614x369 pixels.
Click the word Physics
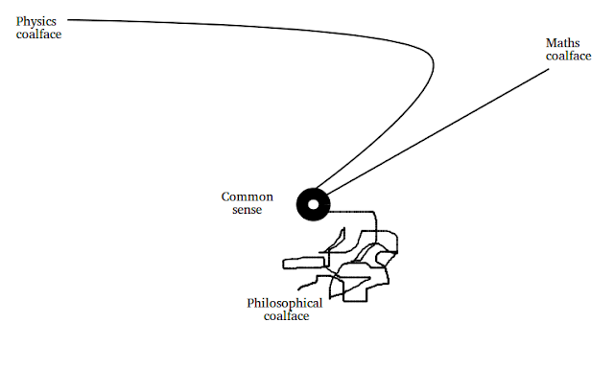coord(36,22)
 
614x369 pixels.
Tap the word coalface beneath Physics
coord(38,35)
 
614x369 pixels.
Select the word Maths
coord(563,43)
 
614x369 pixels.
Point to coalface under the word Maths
coord(569,56)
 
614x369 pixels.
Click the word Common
coord(248,196)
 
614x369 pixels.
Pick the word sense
coord(248,210)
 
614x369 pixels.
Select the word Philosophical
coord(285,304)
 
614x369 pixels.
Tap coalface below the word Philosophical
coord(286,316)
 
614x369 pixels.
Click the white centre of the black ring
coord(314,204)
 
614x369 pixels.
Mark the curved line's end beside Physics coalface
coord(68,19)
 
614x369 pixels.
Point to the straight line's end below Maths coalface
coord(549,69)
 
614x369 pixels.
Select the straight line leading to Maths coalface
coord(437,131)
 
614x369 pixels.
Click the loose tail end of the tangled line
coord(298,290)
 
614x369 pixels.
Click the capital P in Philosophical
coord(250,303)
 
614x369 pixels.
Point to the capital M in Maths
coord(553,43)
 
